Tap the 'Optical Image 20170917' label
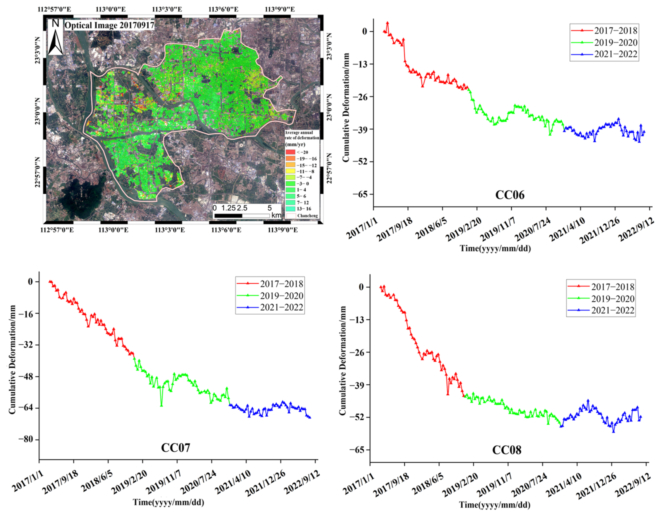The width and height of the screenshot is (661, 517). tap(109, 25)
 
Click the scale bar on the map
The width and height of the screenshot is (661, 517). tap(241, 216)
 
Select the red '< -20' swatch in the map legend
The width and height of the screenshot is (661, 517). tap(290, 152)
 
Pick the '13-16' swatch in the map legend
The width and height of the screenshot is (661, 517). tap(290, 209)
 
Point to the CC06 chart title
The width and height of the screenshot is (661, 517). tap(510, 195)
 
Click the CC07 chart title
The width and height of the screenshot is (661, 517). tap(176, 448)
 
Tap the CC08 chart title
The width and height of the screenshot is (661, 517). tap(507, 450)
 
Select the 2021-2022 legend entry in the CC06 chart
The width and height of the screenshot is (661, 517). tap(604, 54)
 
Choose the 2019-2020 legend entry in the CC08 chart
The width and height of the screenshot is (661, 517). tap(601, 299)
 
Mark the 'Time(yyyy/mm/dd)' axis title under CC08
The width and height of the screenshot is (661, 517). tap(495, 505)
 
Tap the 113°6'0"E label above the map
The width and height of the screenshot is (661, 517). tap(223, 9)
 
